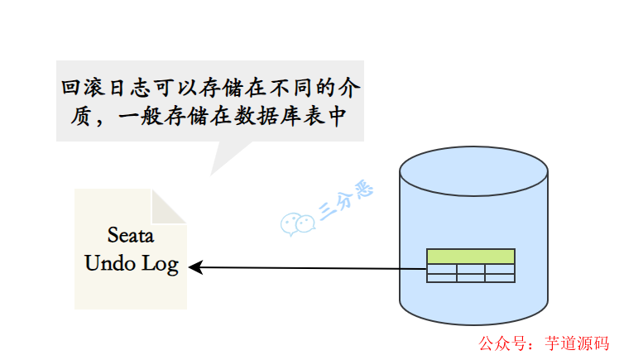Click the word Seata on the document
pos(131,234)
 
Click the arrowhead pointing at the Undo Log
pos(195,266)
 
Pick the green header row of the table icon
pos(471,257)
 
